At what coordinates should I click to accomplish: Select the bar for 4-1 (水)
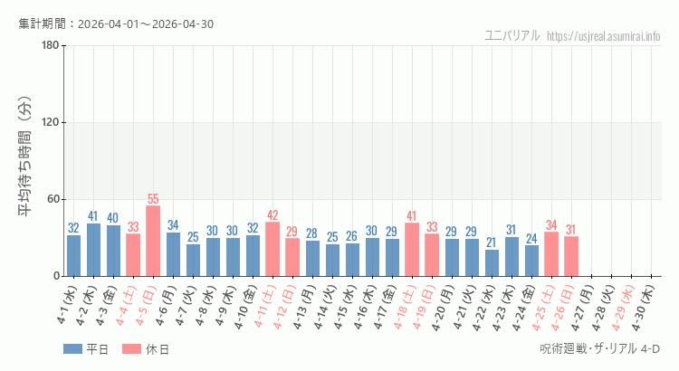(73, 255)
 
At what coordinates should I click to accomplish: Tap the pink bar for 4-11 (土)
(273, 249)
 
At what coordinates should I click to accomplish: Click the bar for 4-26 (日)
(571, 256)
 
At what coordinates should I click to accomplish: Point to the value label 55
(153, 199)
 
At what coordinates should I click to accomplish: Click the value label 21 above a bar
(492, 243)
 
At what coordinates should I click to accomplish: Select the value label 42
(273, 215)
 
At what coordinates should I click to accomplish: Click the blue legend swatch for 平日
(72, 349)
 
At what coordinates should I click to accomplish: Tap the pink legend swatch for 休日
(131, 349)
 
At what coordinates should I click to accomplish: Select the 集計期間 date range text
(116, 24)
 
